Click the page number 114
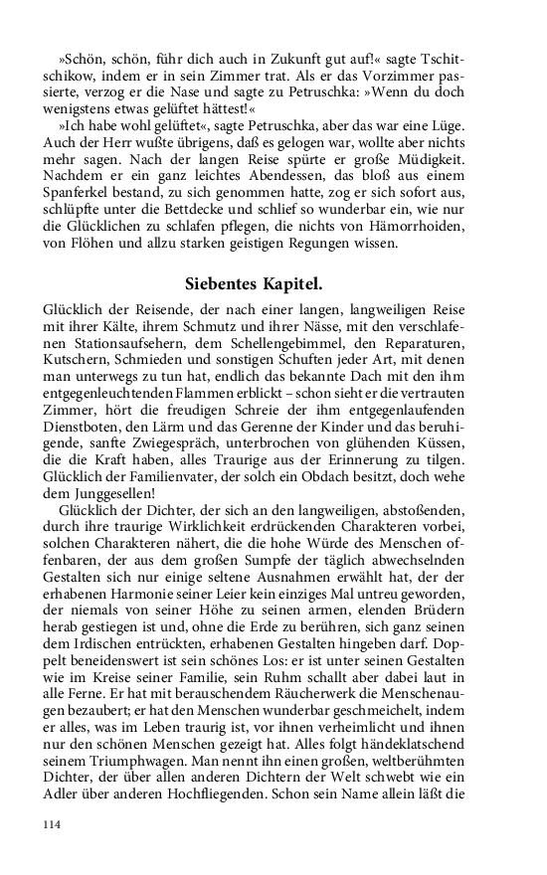coord(53,823)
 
